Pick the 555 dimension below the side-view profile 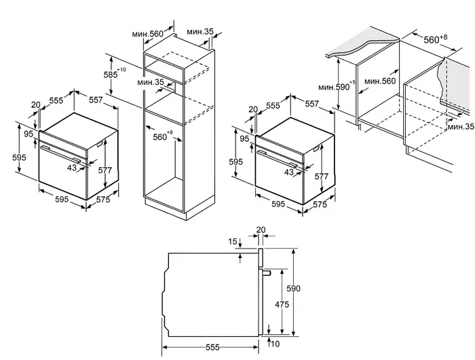pos(212,347)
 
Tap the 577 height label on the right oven pos(322,177)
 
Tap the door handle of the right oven pos(281,160)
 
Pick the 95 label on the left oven pos(28,134)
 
